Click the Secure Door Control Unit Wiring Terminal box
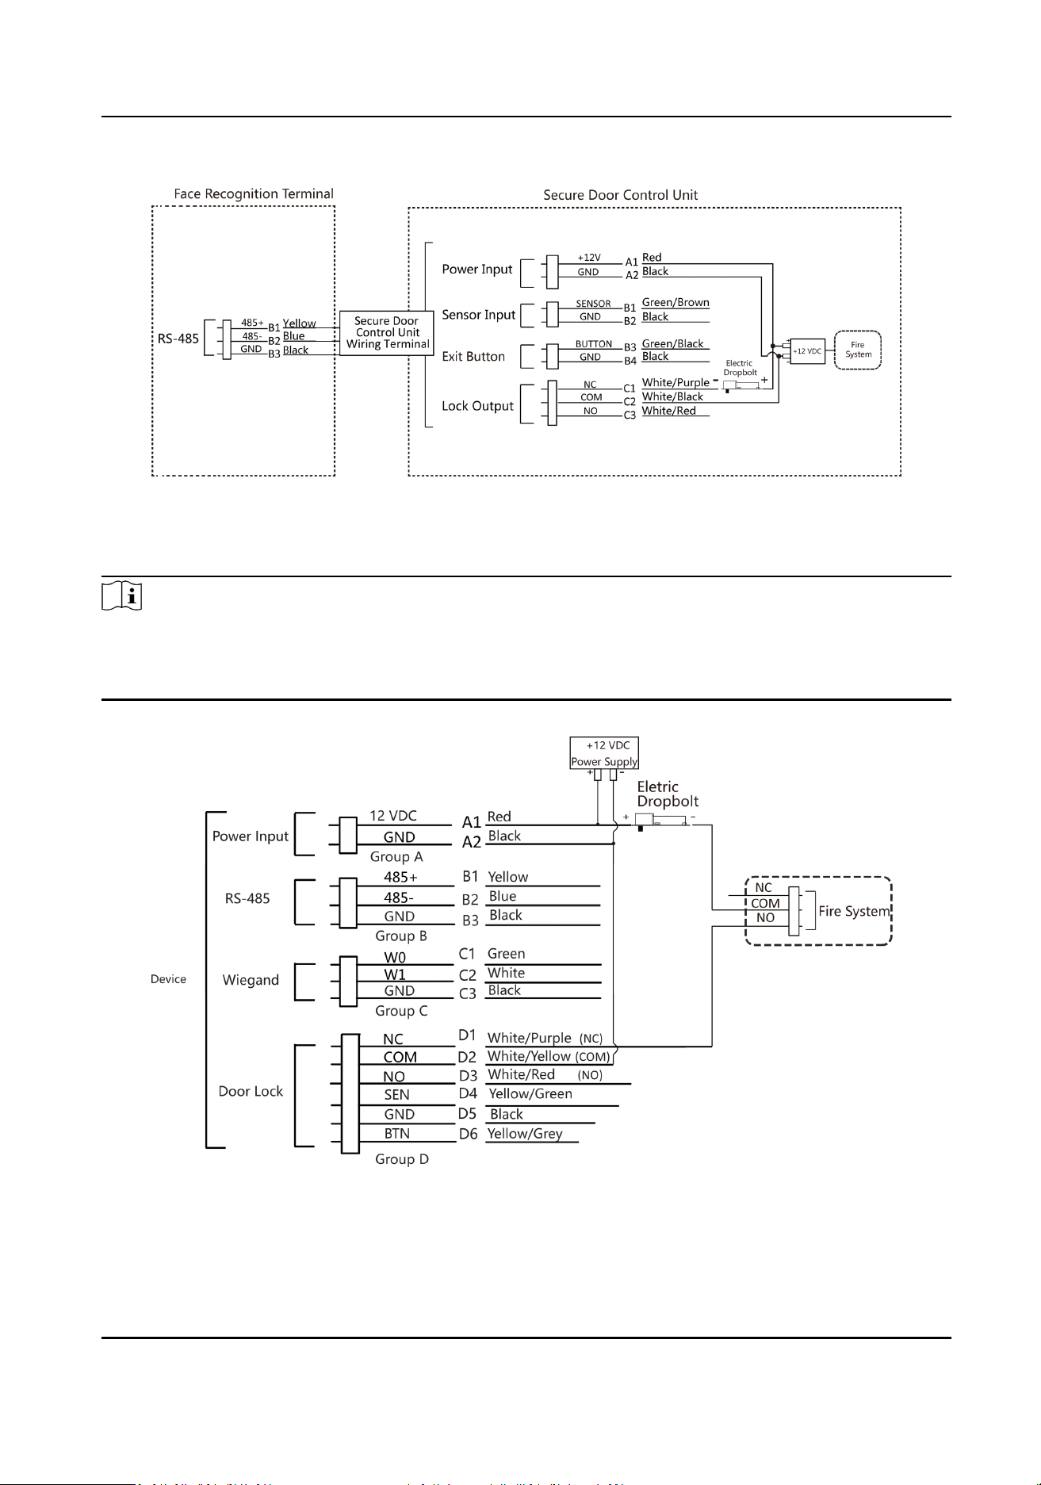pyautogui.click(x=387, y=333)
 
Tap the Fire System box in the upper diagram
pyautogui.click(x=858, y=350)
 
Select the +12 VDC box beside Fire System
pyautogui.click(x=807, y=350)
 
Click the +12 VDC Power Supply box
pyautogui.click(x=604, y=753)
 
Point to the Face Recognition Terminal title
pyautogui.click(x=254, y=194)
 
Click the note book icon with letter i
pyautogui.click(x=122, y=595)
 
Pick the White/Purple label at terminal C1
pyautogui.click(x=676, y=383)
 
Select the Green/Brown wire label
pyautogui.click(x=676, y=303)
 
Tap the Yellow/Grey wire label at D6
pyautogui.click(x=525, y=1134)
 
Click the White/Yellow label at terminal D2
pyautogui.click(x=529, y=1056)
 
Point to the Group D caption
pyautogui.click(x=402, y=1159)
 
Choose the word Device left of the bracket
pyautogui.click(x=168, y=979)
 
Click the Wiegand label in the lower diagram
pyautogui.click(x=251, y=980)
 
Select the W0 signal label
pyautogui.click(x=395, y=958)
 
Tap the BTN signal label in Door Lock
pyautogui.click(x=397, y=1134)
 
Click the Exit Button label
pyautogui.click(x=473, y=357)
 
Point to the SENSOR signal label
pyautogui.click(x=593, y=304)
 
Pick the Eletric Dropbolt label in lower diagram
pyautogui.click(x=668, y=794)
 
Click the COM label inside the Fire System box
pyautogui.click(x=766, y=903)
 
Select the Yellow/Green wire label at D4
pyautogui.click(x=530, y=1094)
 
